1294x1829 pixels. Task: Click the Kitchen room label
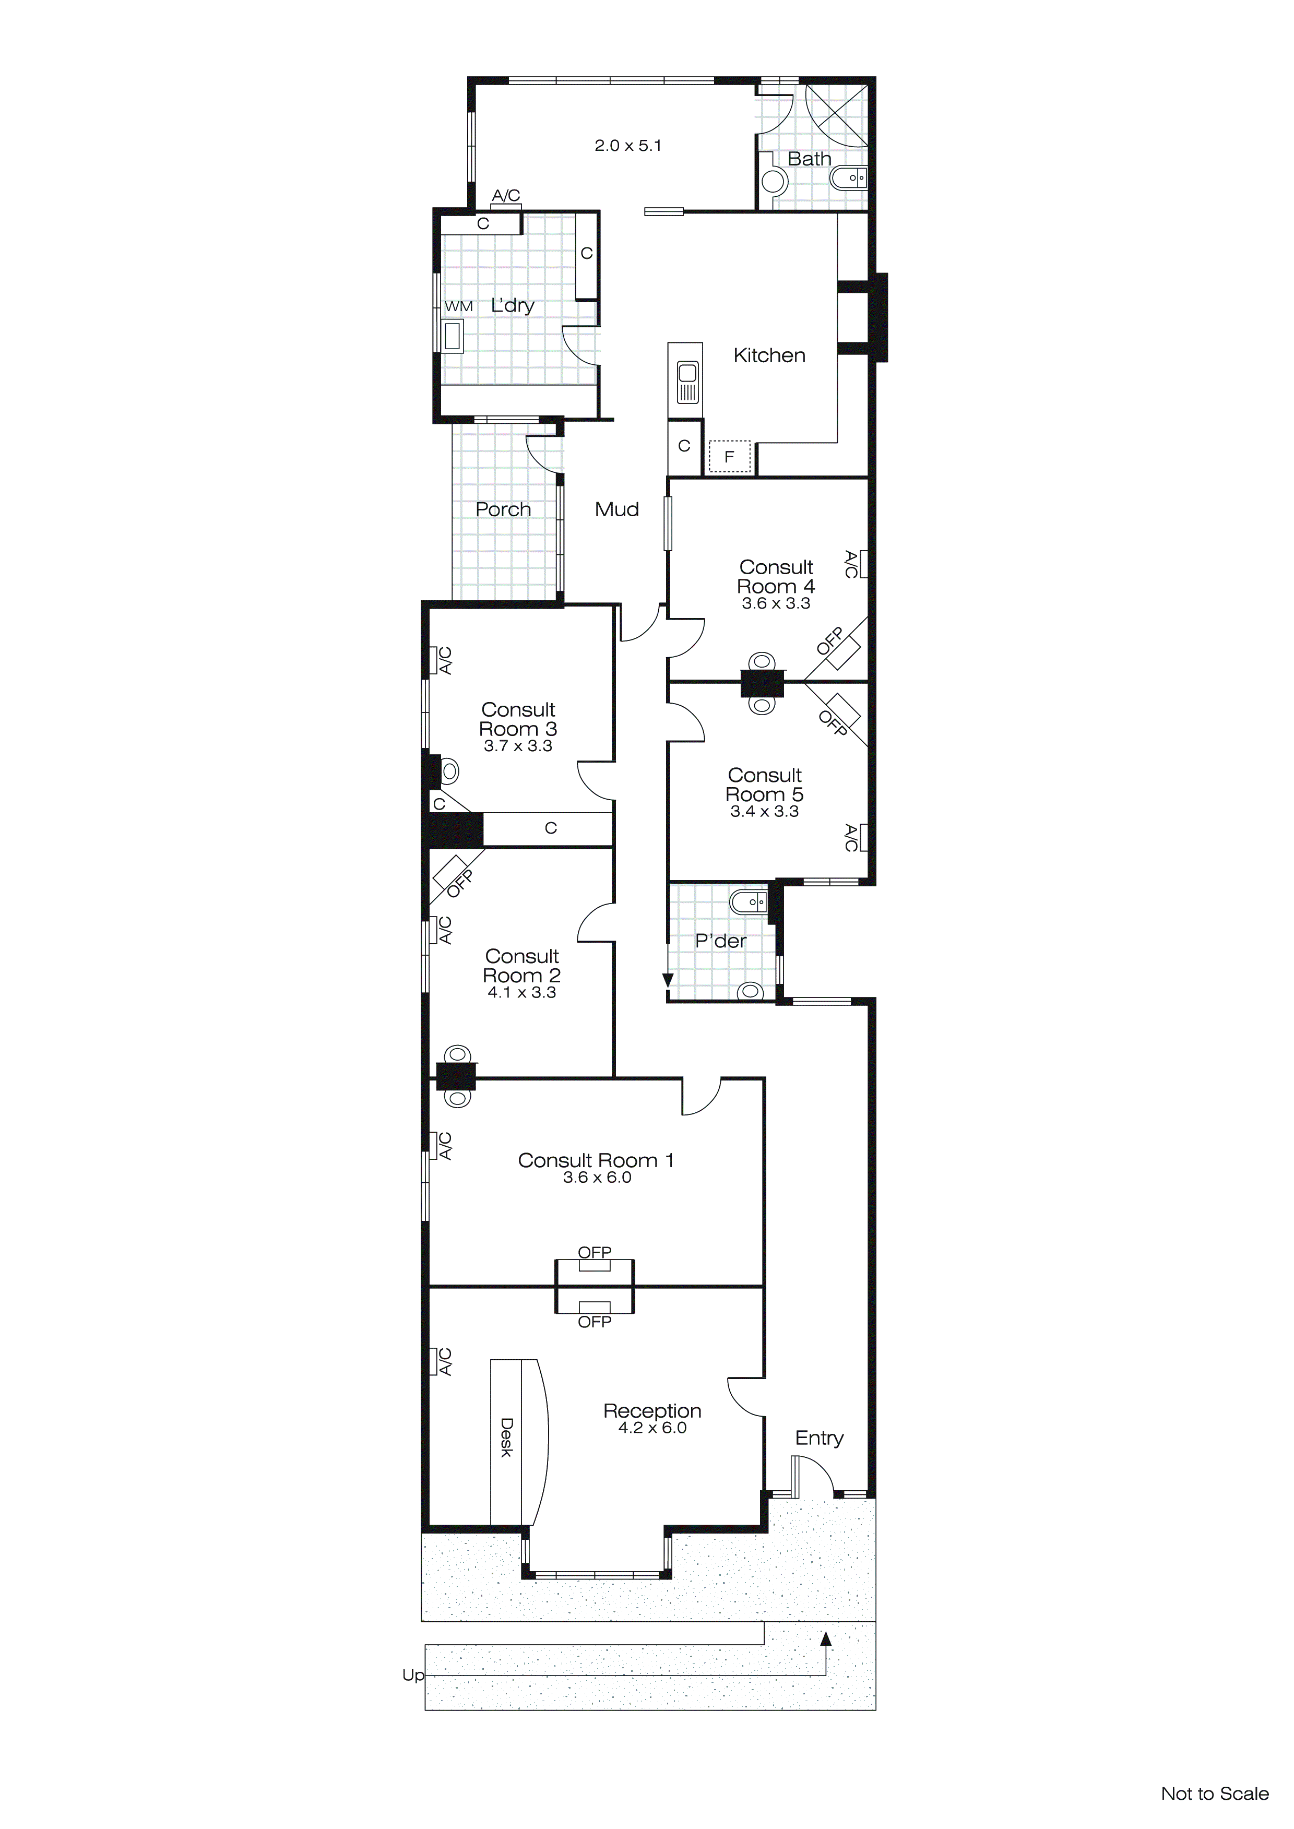tap(769, 355)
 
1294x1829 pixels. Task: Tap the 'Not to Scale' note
tap(1214, 1794)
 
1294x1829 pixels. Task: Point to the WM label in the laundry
tap(458, 306)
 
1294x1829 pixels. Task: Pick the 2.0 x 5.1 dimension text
tap(628, 146)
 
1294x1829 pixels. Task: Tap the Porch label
tap(503, 510)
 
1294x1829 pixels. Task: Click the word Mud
tap(616, 510)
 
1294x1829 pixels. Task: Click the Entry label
tap(819, 1438)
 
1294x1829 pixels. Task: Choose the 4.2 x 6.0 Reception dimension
tap(652, 1428)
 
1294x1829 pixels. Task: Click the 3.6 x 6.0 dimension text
tap(597, 1178)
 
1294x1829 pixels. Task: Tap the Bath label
tap(809, 159)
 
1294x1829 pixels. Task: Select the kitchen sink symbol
tap(687, 383)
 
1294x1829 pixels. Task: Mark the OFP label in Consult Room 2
tap(460, 883)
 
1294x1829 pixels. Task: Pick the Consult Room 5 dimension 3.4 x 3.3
tap(764, 811)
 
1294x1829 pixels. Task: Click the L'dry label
tap(513, 305)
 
